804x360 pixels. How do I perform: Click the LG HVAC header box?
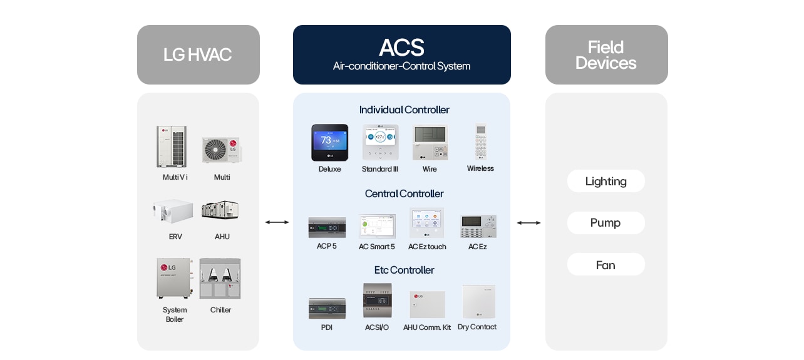(x=198, y=55)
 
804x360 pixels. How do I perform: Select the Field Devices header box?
(x=606, y=55)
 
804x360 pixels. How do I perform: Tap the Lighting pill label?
(x=606, y=182)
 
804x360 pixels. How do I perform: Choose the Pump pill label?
(x=606, y=223)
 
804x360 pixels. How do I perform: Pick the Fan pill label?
(x=606, y=265)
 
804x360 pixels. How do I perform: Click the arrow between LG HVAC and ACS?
(x=277, y=222)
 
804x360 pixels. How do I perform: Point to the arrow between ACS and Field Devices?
(x=528, y=222)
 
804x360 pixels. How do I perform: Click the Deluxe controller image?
(x=330, y=143)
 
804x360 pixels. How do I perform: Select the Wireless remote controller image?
(x=480, y=141)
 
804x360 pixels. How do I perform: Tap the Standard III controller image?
(x=380, y=143)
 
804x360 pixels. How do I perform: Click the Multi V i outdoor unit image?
(x=172, y=147)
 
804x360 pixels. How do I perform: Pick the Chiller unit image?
(x=220, y=279)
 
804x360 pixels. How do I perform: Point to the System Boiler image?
(x=174, y=278)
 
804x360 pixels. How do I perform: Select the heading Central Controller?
(x=404, y=194)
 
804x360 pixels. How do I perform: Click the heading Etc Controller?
(x=404, y=270)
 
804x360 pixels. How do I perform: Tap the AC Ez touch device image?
(x=427, y=223)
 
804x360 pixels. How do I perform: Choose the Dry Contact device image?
(x=478, y=302)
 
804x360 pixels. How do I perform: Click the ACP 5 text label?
(x=327, y=247)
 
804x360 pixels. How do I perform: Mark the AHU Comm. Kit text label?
(x=427, y=327)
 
